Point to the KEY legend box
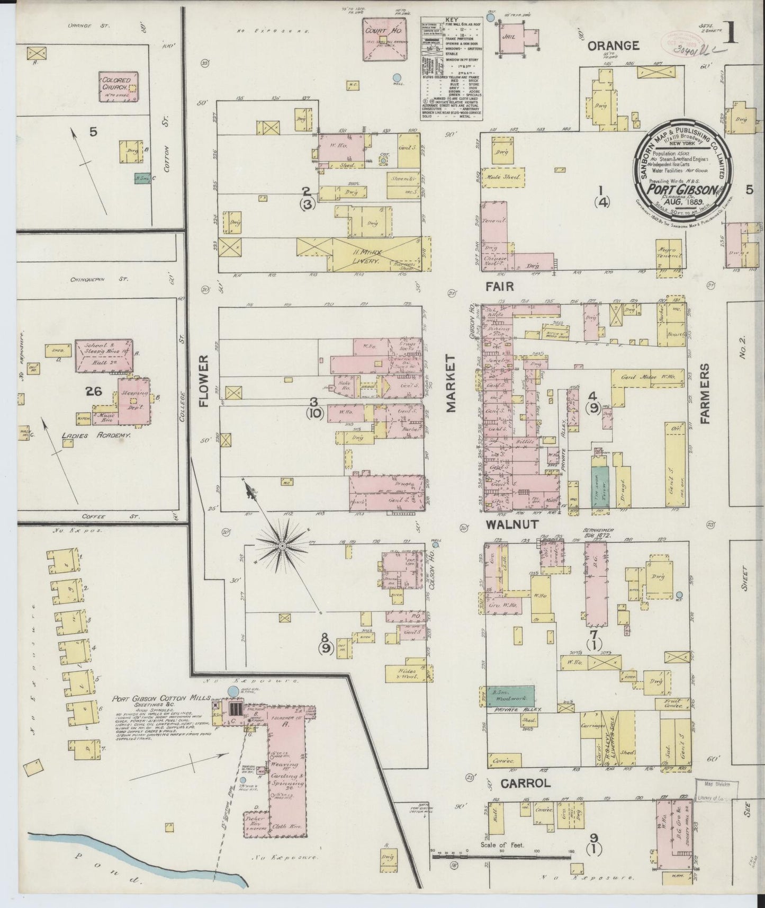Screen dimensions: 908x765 pos(449,67)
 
